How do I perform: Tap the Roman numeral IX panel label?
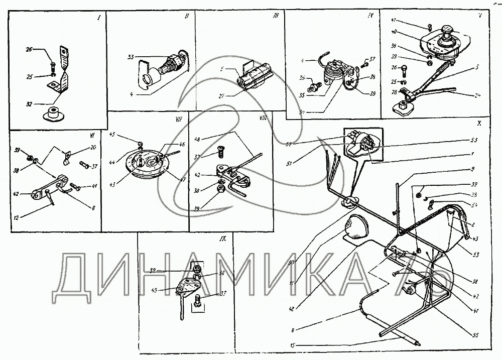point(222,239)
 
